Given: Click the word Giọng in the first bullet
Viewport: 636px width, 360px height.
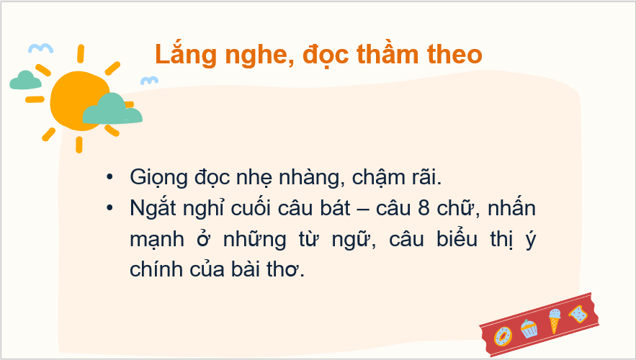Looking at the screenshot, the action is (x=158, y=178).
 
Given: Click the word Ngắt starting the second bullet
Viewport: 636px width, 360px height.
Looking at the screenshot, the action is (x=153, y=208).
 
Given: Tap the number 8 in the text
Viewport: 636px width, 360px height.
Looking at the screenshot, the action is (x=424, y=208).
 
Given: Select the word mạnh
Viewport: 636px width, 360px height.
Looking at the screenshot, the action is (x=157, y=239).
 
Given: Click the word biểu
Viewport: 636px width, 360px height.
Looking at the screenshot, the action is (x=457, y=238).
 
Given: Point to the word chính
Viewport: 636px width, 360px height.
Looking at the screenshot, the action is (x=156, y=269).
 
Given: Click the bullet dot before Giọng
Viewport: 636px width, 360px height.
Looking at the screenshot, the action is (x=109, y=177).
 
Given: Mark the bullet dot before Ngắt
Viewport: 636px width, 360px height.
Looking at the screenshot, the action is (x=109, y=208).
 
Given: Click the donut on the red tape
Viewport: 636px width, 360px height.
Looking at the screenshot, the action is (x=503, y=336).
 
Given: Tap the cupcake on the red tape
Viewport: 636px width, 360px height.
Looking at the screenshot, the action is (x=529, y=328).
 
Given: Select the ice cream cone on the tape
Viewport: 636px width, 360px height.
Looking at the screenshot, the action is (x=555, y=320).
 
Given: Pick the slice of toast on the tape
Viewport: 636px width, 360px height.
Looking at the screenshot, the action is (x=578, y=314).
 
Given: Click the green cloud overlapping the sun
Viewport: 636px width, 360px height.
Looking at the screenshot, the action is (x=112, y=109).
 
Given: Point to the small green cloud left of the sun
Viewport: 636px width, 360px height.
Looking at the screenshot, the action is (x=25, y=80).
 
